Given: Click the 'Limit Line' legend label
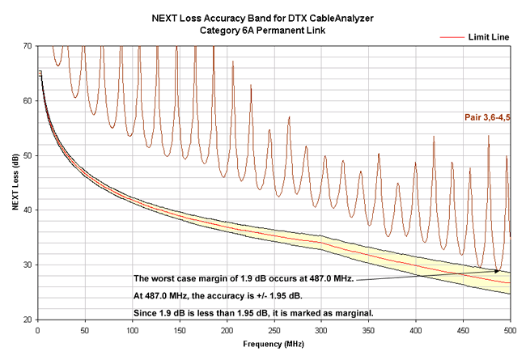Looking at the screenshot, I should pos(486,37).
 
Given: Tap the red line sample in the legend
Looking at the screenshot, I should pos(450,37).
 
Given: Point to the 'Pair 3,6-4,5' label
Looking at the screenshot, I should pos(487,117).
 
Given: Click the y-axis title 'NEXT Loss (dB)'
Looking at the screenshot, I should pos(15,183).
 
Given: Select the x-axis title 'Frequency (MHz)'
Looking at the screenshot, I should pos(274,344).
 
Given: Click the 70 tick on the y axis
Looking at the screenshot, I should pos(30,46).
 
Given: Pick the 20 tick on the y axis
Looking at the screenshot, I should pos(30,320).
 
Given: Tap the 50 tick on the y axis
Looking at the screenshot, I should pos(30,155).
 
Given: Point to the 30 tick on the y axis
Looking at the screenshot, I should pos(30,265).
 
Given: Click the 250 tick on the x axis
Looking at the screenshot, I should pos(274,330).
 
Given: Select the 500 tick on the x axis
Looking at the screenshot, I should pos(511,330).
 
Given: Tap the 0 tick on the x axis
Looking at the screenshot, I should pos(38,330).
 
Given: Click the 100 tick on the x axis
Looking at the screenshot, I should pos(133,330).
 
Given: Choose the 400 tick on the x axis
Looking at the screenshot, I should pos(416,330).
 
